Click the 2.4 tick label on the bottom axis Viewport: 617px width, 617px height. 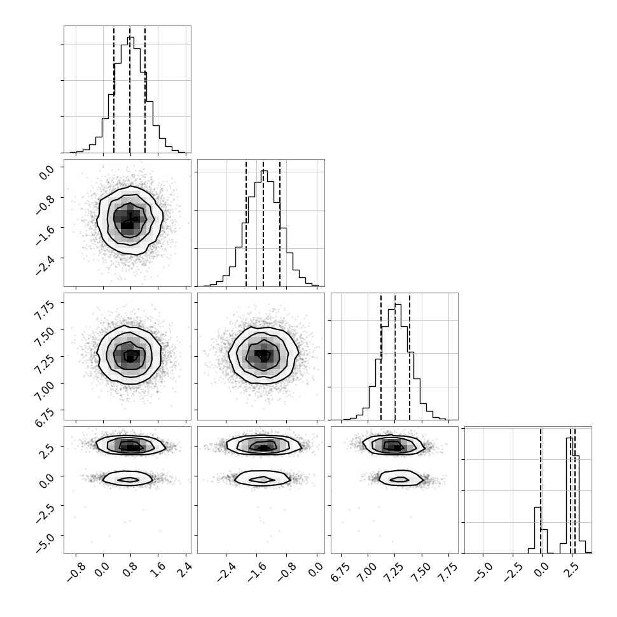click(x=185, y=569)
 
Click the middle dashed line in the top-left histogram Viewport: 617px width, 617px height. click(x=130, y=89)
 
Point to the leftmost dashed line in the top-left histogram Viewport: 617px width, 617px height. click(x=114, y=89)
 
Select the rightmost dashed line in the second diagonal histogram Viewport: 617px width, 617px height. click(x=280, y=223)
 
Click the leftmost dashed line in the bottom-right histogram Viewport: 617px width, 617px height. click(x=541, y=490)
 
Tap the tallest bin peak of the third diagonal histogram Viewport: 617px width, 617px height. click(x=398, y=305)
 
